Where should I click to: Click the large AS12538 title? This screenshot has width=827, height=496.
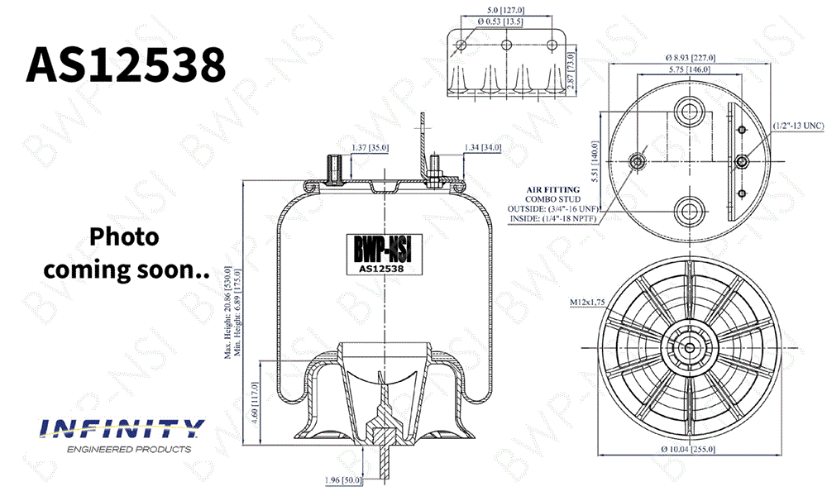(x=126, y=64)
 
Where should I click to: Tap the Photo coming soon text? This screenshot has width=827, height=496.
(x=126, y=254)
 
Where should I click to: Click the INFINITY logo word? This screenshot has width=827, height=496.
(x=122, y=428)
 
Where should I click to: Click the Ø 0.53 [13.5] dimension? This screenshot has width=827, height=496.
(x=500, y=21)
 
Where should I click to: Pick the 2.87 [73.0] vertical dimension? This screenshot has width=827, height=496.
(x=570, y=69)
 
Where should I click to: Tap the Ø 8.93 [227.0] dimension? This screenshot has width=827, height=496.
(x=691, y=58)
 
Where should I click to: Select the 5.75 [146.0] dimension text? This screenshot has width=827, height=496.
(x=690, y=69)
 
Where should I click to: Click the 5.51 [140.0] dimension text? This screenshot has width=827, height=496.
(x=595, y=161)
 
